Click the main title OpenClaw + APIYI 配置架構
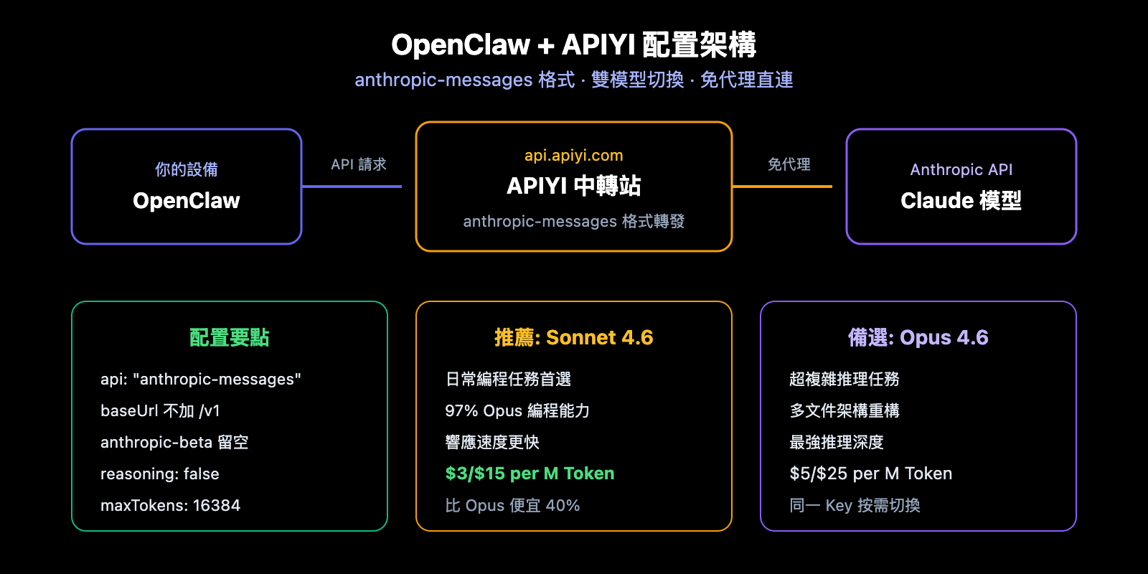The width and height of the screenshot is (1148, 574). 573,44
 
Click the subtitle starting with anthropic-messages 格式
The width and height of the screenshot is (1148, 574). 573,80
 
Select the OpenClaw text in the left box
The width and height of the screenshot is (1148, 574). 187,201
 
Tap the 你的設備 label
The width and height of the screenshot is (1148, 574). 187,169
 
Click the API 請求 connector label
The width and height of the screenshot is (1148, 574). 358,164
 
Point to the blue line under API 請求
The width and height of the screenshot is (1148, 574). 352,187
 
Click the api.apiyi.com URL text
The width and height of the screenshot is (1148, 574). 573,155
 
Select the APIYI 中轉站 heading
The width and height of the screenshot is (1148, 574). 573,186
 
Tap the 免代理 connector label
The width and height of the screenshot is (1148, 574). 789,164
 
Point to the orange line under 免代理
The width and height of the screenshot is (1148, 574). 782,187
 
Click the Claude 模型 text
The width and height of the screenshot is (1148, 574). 961,201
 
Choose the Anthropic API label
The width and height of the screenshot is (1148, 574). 961,169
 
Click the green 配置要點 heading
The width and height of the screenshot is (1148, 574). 229,337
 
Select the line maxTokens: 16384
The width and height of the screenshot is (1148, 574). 170,505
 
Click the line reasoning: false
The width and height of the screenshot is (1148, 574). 159,474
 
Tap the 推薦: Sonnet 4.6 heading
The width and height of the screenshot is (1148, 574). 573,337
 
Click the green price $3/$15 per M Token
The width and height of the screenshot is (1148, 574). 530,474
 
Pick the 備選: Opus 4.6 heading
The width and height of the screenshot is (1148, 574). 918,337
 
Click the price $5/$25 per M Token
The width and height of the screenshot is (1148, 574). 870,474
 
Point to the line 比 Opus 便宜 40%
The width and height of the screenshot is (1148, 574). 512,505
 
